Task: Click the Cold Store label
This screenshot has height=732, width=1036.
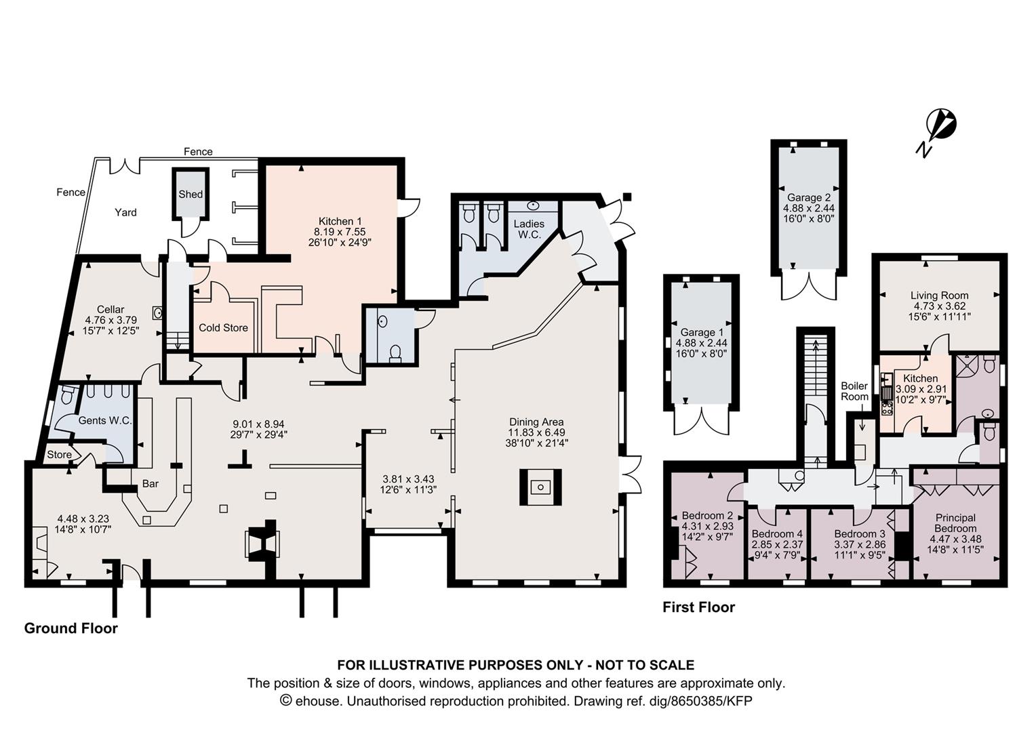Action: tap(223, 328)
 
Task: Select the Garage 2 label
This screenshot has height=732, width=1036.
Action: tap(809, 197)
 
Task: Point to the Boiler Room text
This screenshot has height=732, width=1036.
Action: tap(854, 391)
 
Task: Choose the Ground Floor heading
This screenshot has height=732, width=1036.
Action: tap(71, 628)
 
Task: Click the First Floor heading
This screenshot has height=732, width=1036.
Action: tap(699, 607)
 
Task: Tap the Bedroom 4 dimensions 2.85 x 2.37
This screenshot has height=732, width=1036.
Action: tap(777, 545)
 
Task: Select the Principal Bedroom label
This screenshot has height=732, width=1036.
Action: tap(955, 523)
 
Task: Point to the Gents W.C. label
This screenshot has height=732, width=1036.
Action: tap(106, 421)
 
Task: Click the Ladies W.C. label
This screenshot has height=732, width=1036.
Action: tap(529, 229)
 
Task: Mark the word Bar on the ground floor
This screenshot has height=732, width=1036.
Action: tap(151, 484)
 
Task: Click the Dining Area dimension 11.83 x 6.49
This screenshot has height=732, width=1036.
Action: tap(536, 432)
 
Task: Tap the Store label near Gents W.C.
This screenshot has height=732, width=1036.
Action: tap(59, 455)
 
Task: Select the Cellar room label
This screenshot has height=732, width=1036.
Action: tap(111, 309)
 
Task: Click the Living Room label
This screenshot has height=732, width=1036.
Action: tap(938, 295)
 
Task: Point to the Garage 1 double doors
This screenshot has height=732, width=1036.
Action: tap(701, 422)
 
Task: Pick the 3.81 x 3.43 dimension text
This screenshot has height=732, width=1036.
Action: tap(408, 479)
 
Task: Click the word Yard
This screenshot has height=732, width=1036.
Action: tap(126, 212)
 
